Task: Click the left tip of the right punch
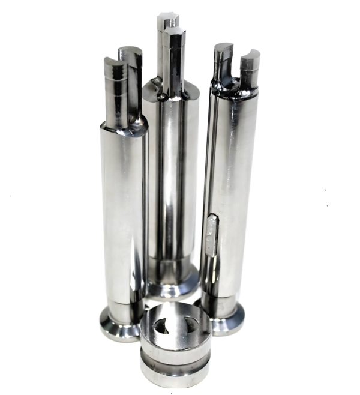(x=223, y=57)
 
